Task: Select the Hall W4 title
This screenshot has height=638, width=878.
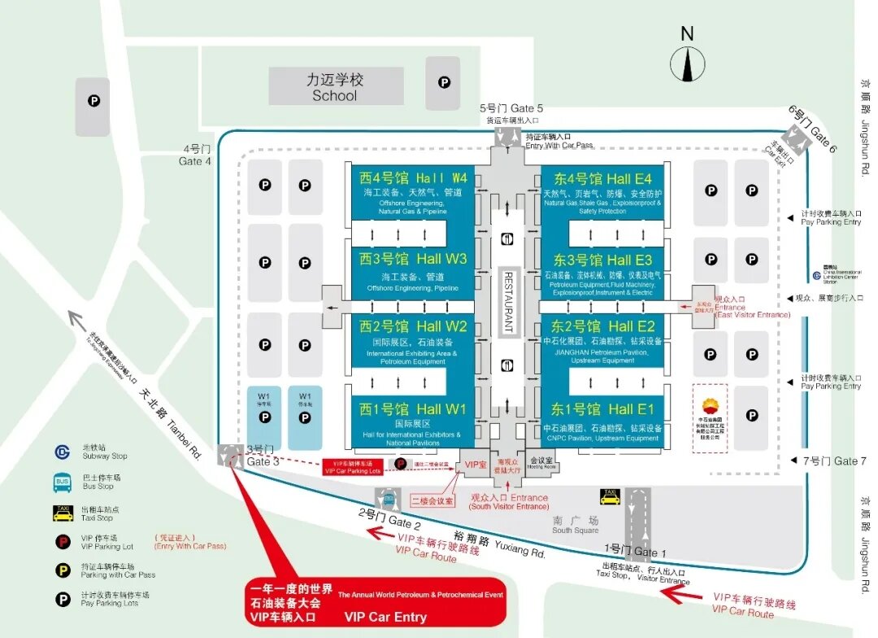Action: tap(413, 177)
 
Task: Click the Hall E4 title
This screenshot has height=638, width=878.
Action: tap(602, 178)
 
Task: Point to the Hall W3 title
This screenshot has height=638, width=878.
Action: tap(413, 259)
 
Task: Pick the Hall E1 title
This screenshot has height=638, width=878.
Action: tap(602, 409)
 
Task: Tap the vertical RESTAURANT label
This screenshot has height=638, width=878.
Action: tap(509, 301)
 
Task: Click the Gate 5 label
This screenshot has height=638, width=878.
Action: tap(511, 108)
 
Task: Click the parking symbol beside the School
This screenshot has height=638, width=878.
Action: tap(444, 82)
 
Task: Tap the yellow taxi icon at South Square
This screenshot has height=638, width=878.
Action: tap(609, 496)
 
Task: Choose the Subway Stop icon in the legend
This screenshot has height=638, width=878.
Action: tap(63, 452)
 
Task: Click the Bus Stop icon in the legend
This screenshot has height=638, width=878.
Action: tap(63, 483)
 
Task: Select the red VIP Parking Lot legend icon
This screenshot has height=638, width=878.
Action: tap(63, 542)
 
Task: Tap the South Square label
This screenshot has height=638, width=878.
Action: tap(575, 525)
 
